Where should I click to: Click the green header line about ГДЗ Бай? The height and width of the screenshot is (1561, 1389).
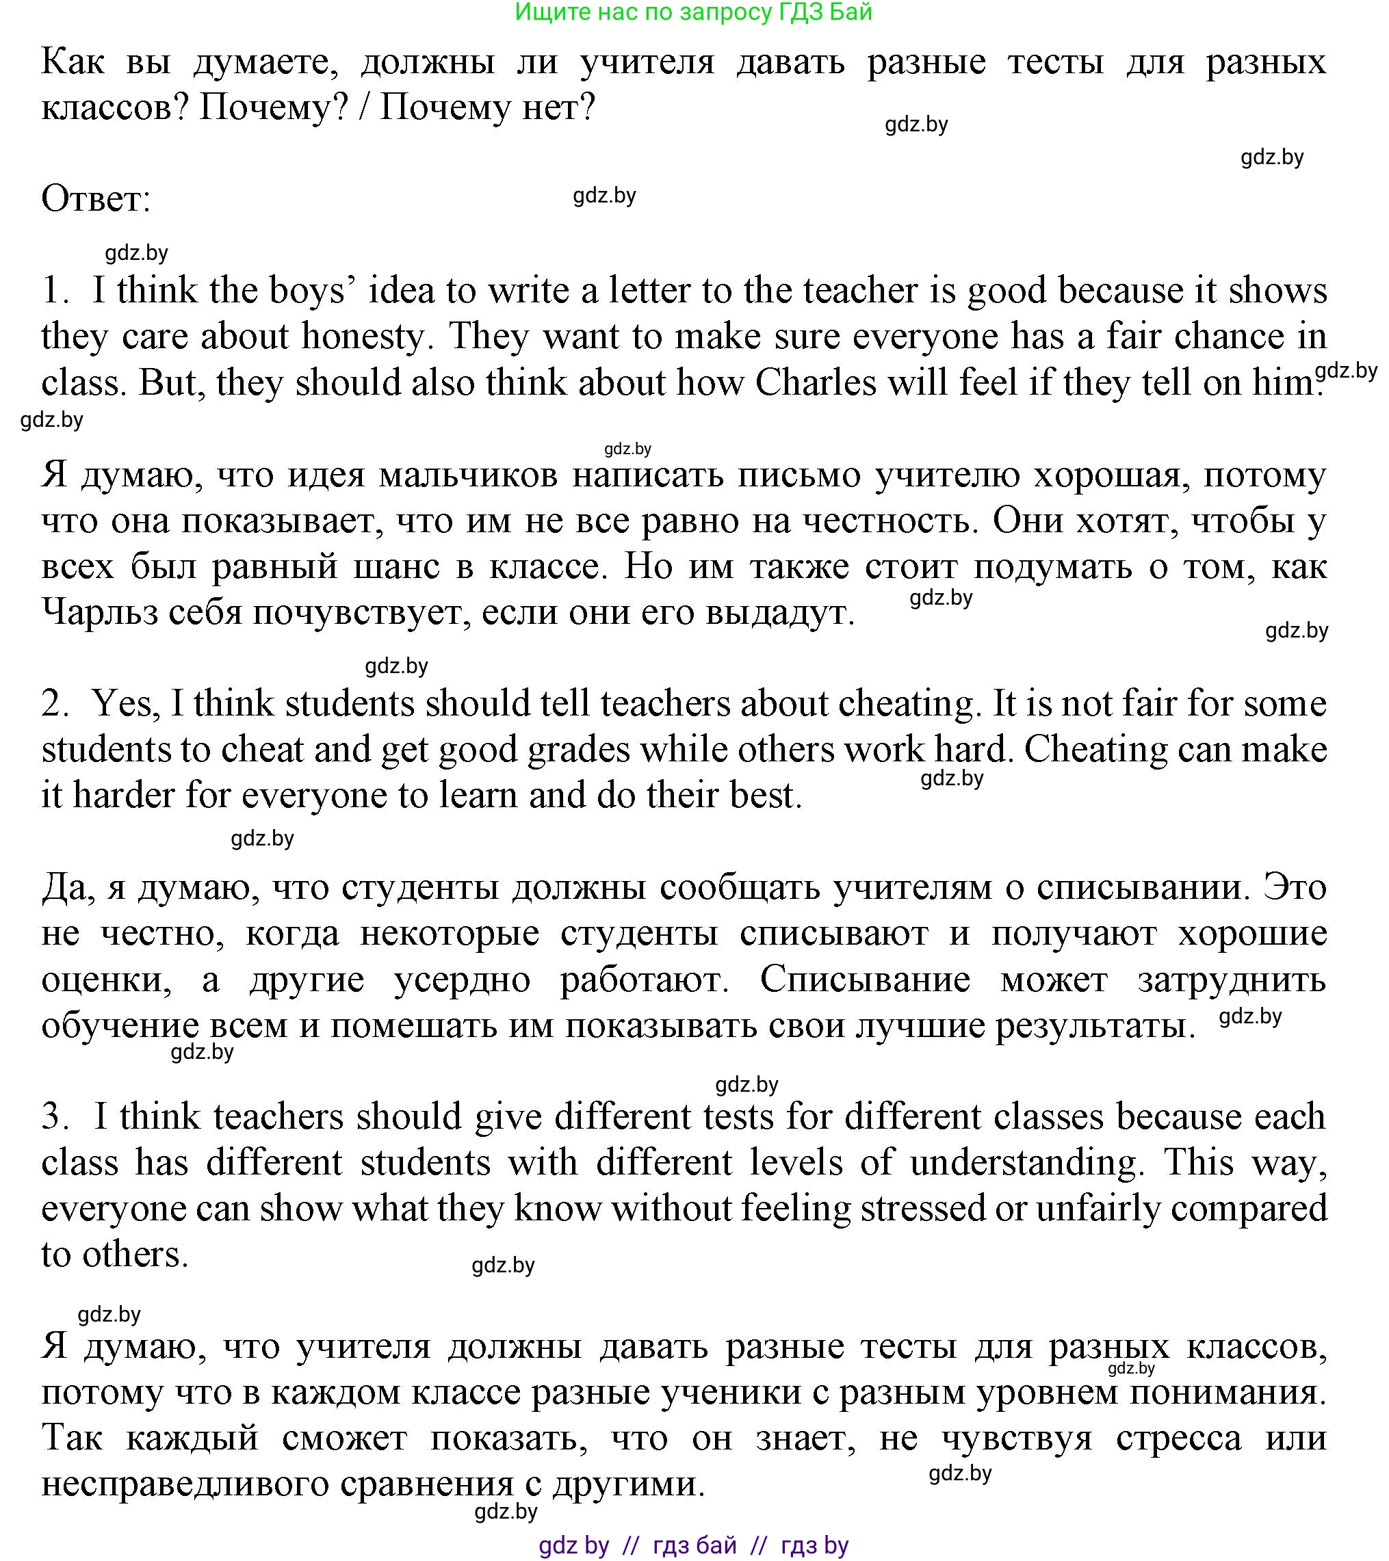[x=693, y=12]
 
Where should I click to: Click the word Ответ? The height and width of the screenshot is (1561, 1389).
[x=96, y=199]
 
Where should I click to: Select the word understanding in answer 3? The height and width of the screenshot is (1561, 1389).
[x=1026, y=1162]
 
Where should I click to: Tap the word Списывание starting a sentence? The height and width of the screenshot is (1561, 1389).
[x=865, y=979]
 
